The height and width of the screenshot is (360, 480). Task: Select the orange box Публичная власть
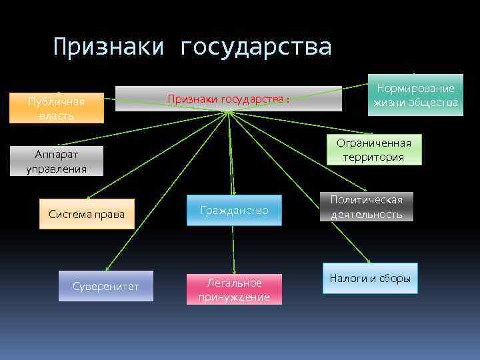point(57,108)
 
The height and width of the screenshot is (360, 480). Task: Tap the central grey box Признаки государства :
point(229,99)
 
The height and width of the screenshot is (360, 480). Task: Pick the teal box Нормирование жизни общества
point(416,95)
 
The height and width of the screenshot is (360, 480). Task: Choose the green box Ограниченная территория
point(373,150)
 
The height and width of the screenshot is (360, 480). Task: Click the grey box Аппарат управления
point(57,161)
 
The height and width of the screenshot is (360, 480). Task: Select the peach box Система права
point(87,214)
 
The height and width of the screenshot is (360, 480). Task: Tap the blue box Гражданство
point(234,210)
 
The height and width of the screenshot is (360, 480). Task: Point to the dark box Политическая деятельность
point(367,207)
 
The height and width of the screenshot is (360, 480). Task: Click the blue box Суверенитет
point(105,286)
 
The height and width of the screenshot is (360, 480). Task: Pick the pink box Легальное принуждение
point(234,290)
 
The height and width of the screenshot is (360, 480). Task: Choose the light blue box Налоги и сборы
point(370,279)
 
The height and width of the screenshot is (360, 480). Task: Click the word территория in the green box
point(373,157)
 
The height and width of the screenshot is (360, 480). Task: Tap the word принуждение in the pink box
point(234,297)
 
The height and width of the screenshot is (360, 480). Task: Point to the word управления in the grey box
point(57,169)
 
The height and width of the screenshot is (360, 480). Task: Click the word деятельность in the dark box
point(367,214)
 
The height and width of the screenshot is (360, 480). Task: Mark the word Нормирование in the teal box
point(416,88)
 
